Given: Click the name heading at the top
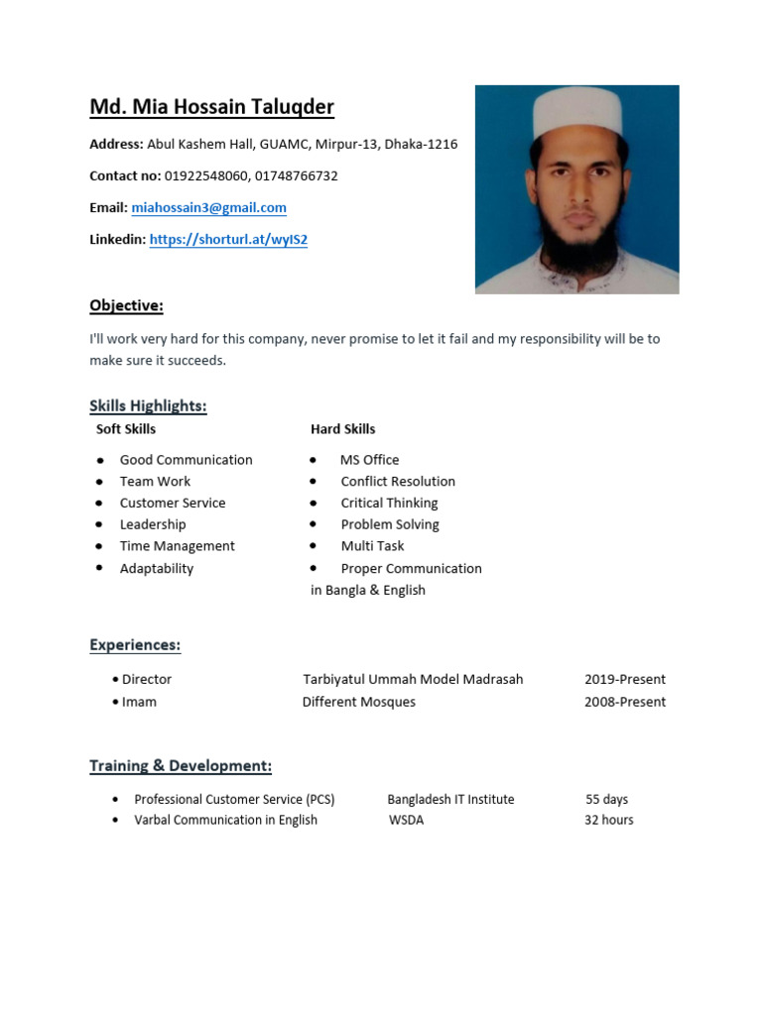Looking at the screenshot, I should point(211,107).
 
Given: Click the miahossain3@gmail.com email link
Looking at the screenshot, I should point(208,207).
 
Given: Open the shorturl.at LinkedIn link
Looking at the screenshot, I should point(228,239).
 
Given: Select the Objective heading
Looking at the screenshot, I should point(126,305).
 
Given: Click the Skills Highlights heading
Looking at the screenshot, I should point(148,405).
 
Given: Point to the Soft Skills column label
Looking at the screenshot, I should point(125,429).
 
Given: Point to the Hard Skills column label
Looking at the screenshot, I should point(342,429).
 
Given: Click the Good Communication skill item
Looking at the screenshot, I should point(186,460).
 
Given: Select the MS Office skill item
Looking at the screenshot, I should point(369,460).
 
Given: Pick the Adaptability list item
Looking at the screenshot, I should point(156,568).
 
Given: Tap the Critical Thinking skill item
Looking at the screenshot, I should point(389,503).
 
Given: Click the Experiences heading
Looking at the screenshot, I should point(135,645).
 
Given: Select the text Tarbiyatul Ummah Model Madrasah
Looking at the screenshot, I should point(413,679).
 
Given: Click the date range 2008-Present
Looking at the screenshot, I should point(625,702).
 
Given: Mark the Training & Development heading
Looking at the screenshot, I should point(181,766).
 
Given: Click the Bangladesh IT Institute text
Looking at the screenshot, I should point(450,799).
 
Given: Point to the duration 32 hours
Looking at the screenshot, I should point(608,820).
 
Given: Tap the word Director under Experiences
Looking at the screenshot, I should point(146,679).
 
